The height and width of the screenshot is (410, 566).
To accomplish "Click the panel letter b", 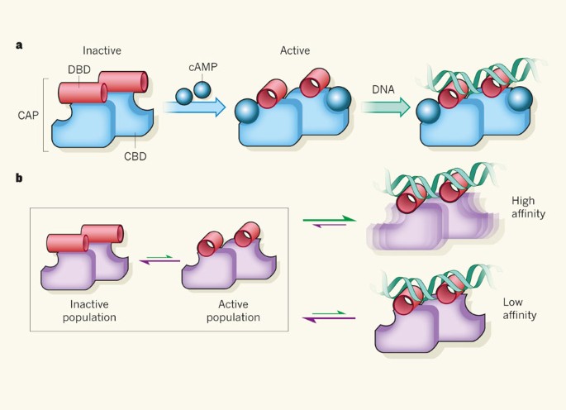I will (x=18, y=177).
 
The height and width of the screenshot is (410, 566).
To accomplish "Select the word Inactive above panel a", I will (x=102, y=50).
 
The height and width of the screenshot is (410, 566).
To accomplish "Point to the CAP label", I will (x=28, y=115).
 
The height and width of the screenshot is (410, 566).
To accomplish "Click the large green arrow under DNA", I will (x=386, y=107).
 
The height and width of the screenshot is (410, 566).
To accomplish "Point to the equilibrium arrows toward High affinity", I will (x=330, y=222).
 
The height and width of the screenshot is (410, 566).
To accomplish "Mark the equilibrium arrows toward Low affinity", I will (x=330, y=314).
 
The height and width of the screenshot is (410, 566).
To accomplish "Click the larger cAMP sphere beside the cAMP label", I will (x=201, y=88).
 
